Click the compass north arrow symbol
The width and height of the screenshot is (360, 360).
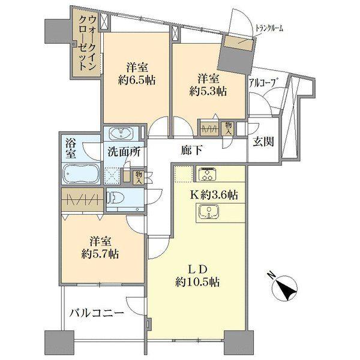tap(285, 287)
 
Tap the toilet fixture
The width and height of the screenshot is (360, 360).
tap(116, 197)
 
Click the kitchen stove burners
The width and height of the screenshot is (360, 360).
tap(208, 174)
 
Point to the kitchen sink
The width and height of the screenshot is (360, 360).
tap(208, 211)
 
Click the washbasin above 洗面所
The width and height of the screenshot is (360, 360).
tap(121, 133)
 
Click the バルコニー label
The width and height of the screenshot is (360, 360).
tap(97, 313)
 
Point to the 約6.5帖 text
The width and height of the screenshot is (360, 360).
tap(137, 80)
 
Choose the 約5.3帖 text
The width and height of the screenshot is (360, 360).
tap(208, 91)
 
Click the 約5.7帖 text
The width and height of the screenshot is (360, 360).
tap(100, 254)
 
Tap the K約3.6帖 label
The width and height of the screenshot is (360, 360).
tap(213, 195)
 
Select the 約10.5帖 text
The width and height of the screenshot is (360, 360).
tap(197, 282)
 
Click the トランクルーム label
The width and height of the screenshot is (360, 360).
tap(269, 28)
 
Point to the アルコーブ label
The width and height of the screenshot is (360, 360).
tap(262, 83)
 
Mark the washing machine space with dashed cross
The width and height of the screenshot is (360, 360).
tap(112, 176)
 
